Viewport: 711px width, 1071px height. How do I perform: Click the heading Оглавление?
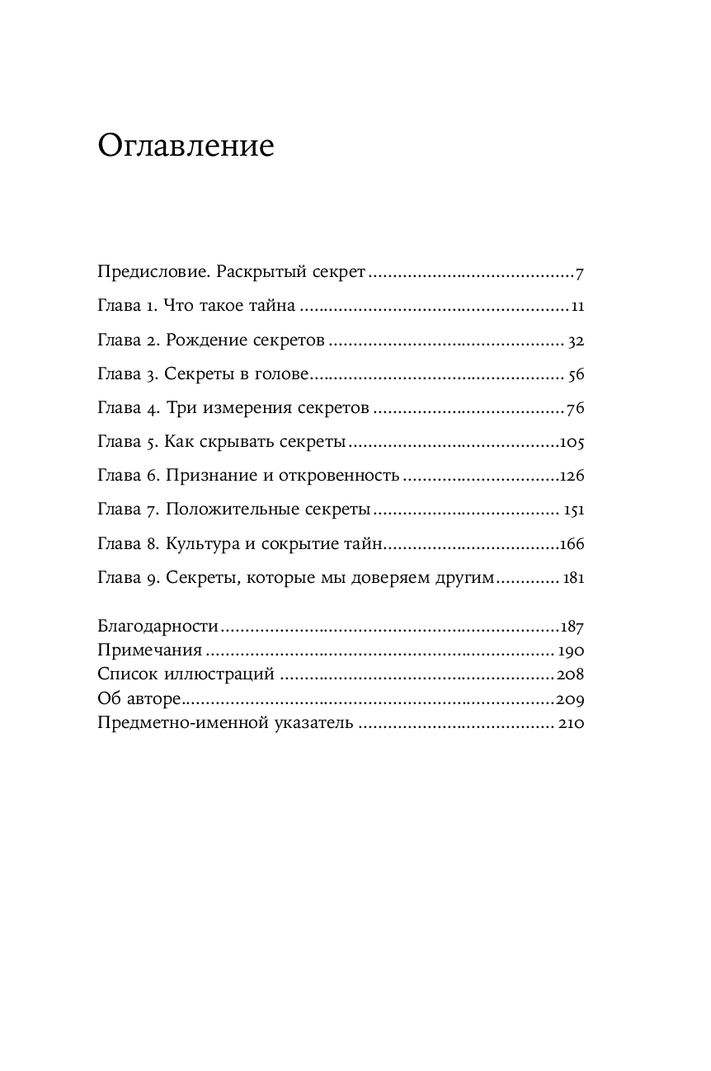coord(186,146)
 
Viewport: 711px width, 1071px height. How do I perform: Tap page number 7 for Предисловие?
coord(580,273)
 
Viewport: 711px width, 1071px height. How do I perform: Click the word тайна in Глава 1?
coord(270,307)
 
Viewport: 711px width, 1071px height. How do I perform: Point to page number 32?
coord(576,341)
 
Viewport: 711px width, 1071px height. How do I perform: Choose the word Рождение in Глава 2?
coord(202,341)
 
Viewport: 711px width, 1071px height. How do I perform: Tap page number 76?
coord(576,409)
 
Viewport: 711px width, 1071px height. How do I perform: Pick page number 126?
coord(572,477)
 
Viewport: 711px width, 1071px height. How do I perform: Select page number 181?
coord(573,578)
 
